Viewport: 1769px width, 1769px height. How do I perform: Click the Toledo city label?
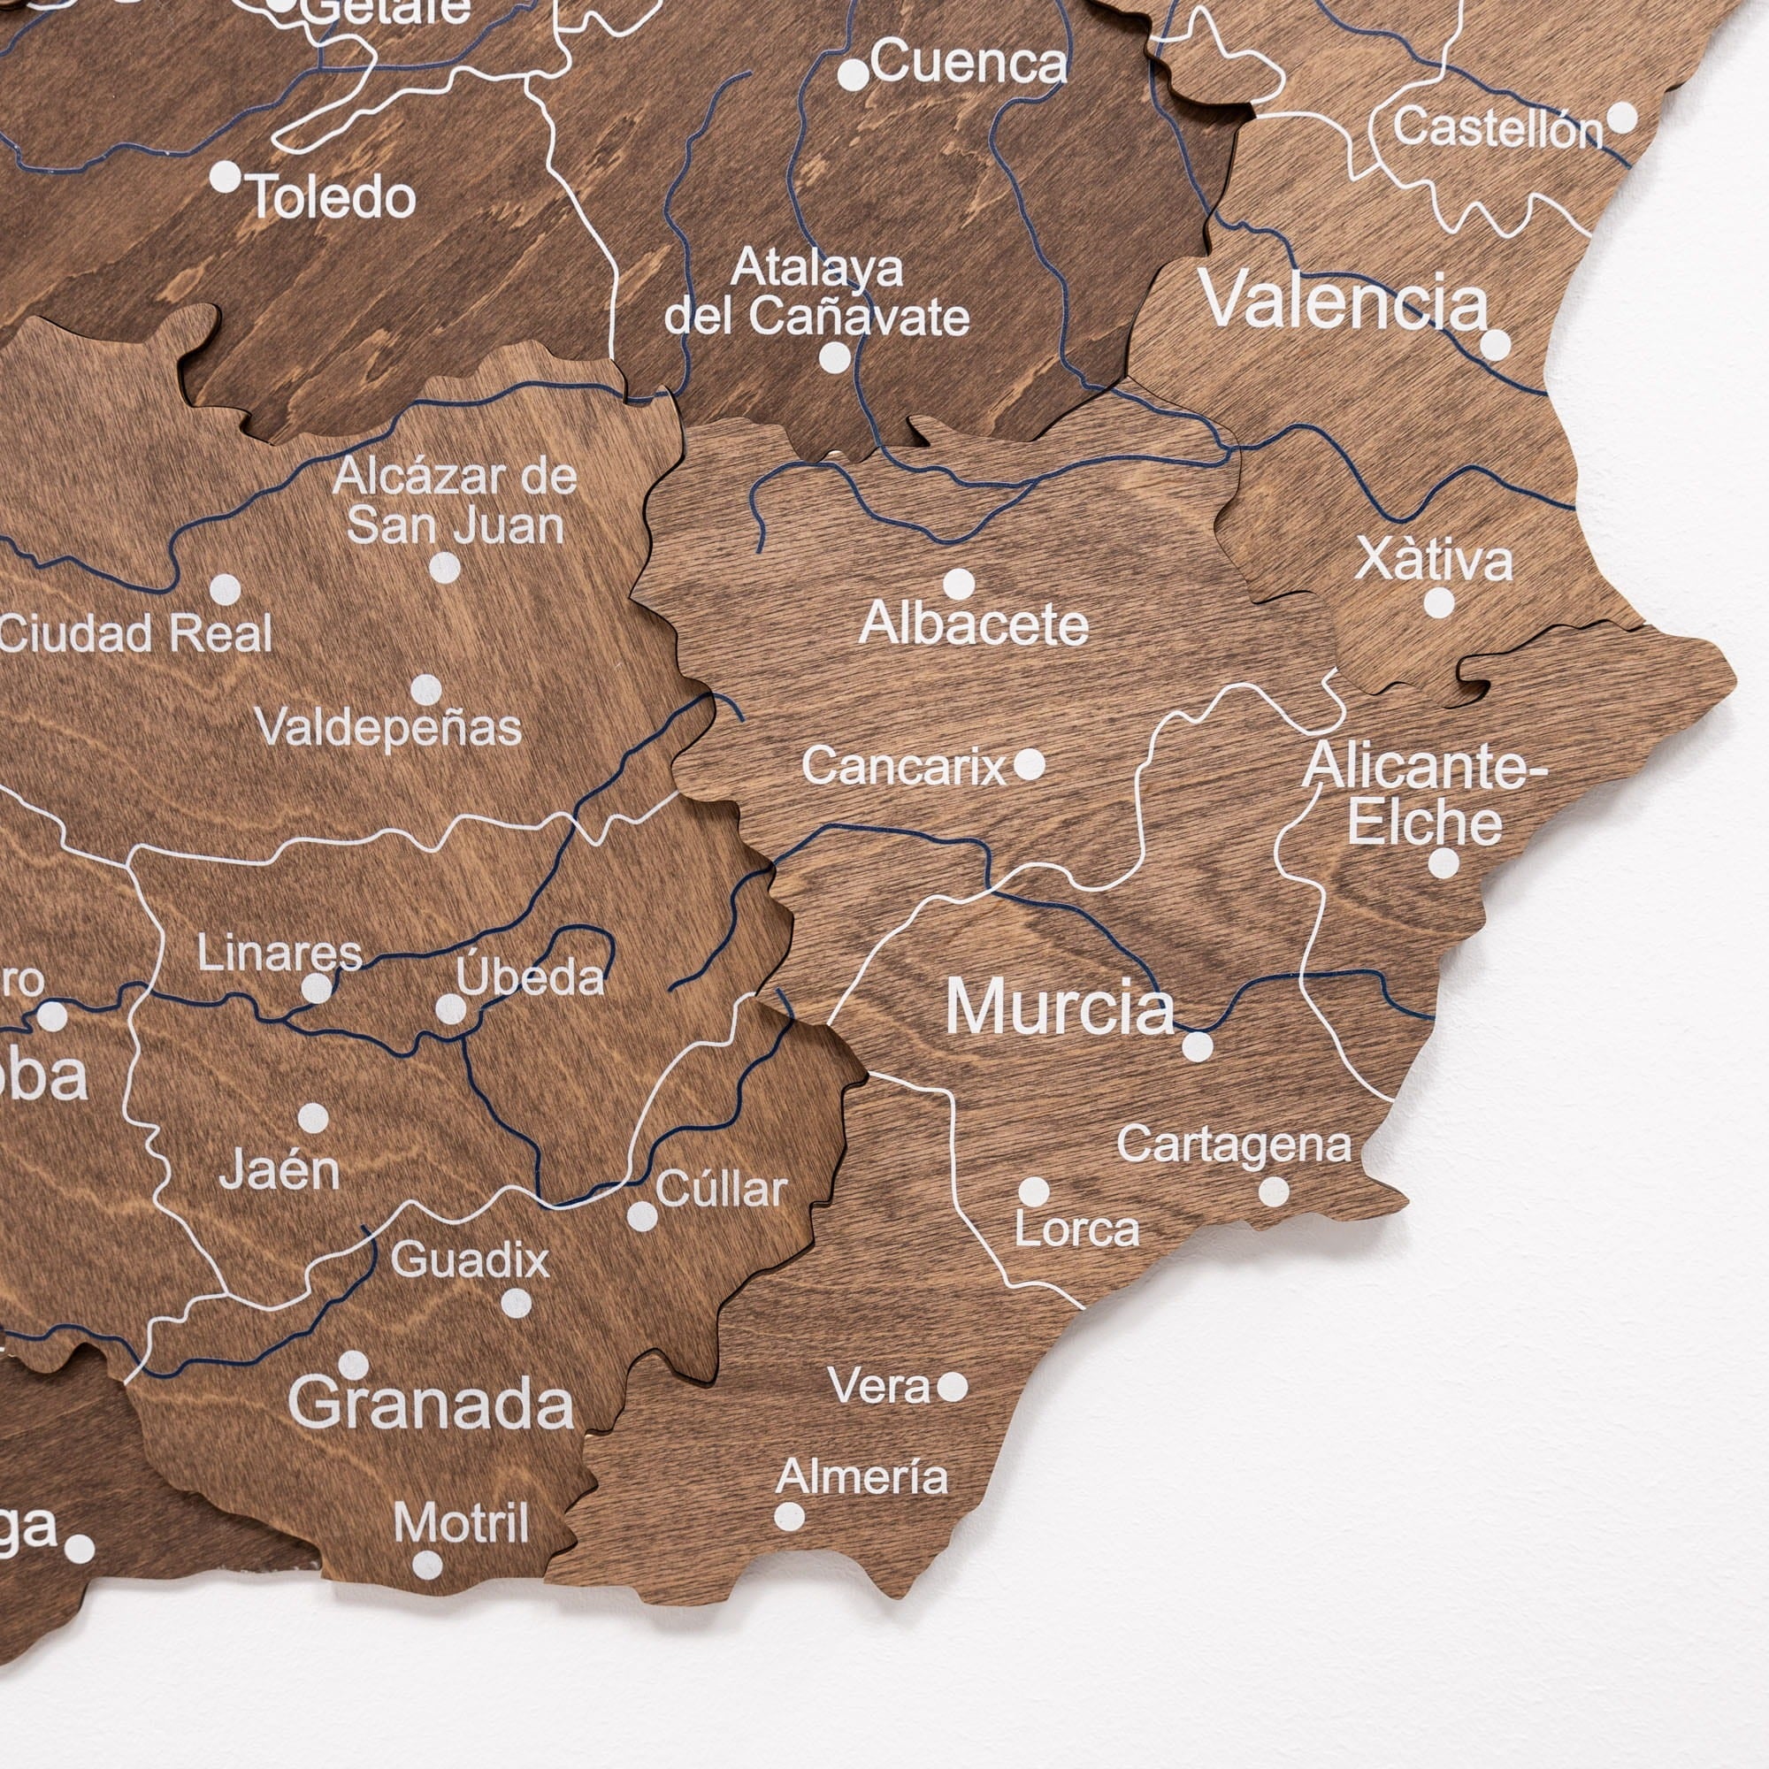(333, 198)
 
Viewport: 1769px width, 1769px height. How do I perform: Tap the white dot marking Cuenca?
(853, 74)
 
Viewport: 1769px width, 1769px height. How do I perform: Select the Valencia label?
(1344, 301)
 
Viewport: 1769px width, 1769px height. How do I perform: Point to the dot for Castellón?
(1621, 118)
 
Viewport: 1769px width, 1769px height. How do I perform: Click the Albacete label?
(974, 625)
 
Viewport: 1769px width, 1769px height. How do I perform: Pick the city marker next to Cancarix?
(1030, 763)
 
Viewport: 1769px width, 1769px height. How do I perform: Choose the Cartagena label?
(1233, 1145)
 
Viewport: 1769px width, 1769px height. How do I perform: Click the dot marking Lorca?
(1034, 1191)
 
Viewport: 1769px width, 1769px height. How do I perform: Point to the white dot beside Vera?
(953, 1387)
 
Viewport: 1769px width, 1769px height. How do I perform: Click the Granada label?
(432, 1403)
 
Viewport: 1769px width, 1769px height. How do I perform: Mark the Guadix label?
(470, 1260)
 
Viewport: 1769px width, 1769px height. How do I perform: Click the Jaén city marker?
(313, 1117)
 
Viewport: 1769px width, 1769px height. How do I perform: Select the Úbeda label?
(530, 977)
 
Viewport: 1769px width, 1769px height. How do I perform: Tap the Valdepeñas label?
(388, 729)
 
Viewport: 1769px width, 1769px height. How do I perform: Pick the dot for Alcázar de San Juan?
(445, 568)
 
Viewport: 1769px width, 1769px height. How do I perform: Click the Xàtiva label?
(1433, 560)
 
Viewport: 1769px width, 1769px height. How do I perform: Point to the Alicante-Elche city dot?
(1443, 862)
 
